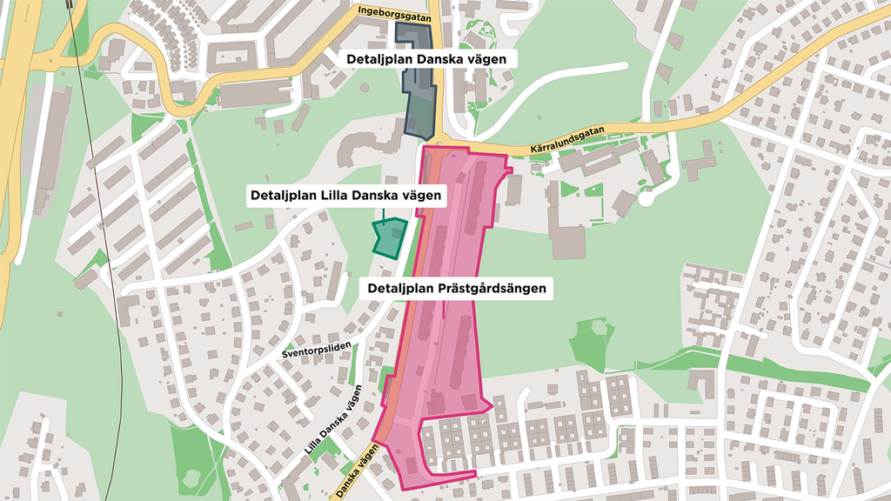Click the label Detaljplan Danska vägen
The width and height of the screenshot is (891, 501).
[425, 59]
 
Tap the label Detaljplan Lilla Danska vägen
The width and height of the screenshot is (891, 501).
[345, 197]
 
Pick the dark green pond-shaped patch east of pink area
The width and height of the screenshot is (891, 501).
[592, 340]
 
